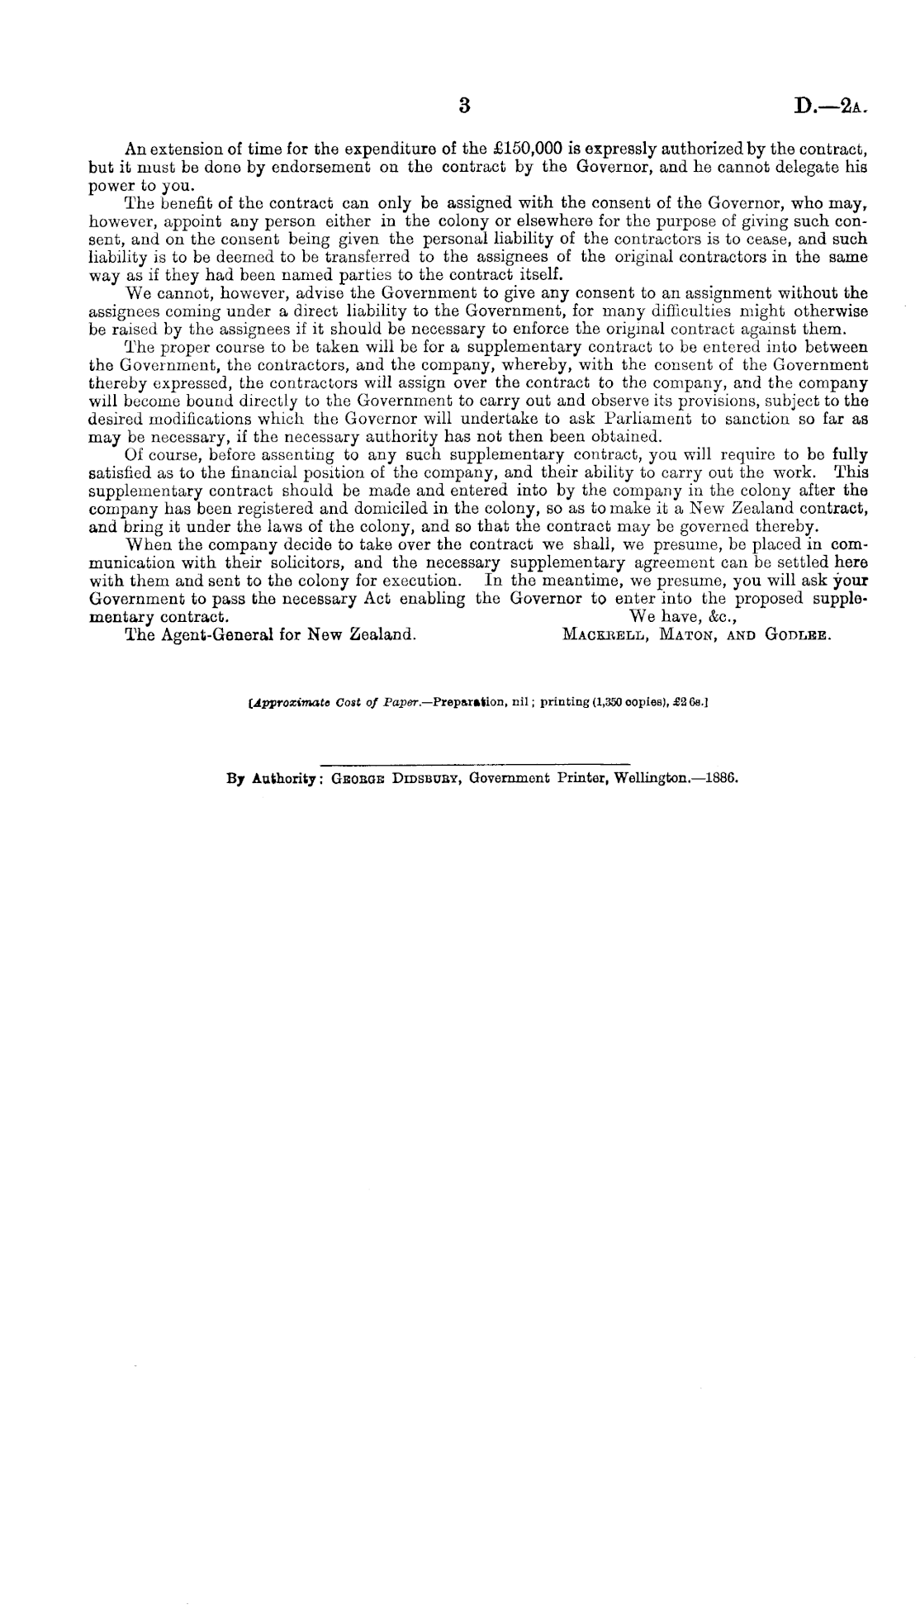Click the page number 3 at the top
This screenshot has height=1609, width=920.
tap(464, 106)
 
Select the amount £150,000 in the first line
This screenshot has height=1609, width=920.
tap(526, 150)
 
